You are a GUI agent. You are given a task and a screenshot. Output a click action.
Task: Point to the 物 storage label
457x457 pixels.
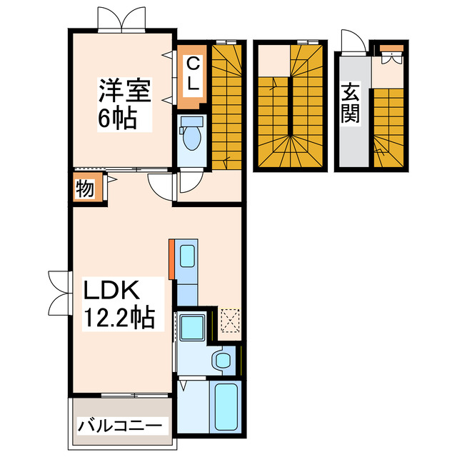point(84,189)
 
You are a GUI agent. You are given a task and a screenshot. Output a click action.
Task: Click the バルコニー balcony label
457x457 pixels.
point(119,426)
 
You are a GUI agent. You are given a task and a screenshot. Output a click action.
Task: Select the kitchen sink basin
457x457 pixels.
point(188,255)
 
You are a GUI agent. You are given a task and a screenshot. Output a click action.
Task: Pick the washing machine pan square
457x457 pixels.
point(192,328)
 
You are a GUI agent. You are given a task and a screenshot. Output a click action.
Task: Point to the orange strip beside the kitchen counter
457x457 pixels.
point(172,258)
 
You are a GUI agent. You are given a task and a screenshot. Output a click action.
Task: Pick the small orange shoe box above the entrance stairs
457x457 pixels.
point(391,50)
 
